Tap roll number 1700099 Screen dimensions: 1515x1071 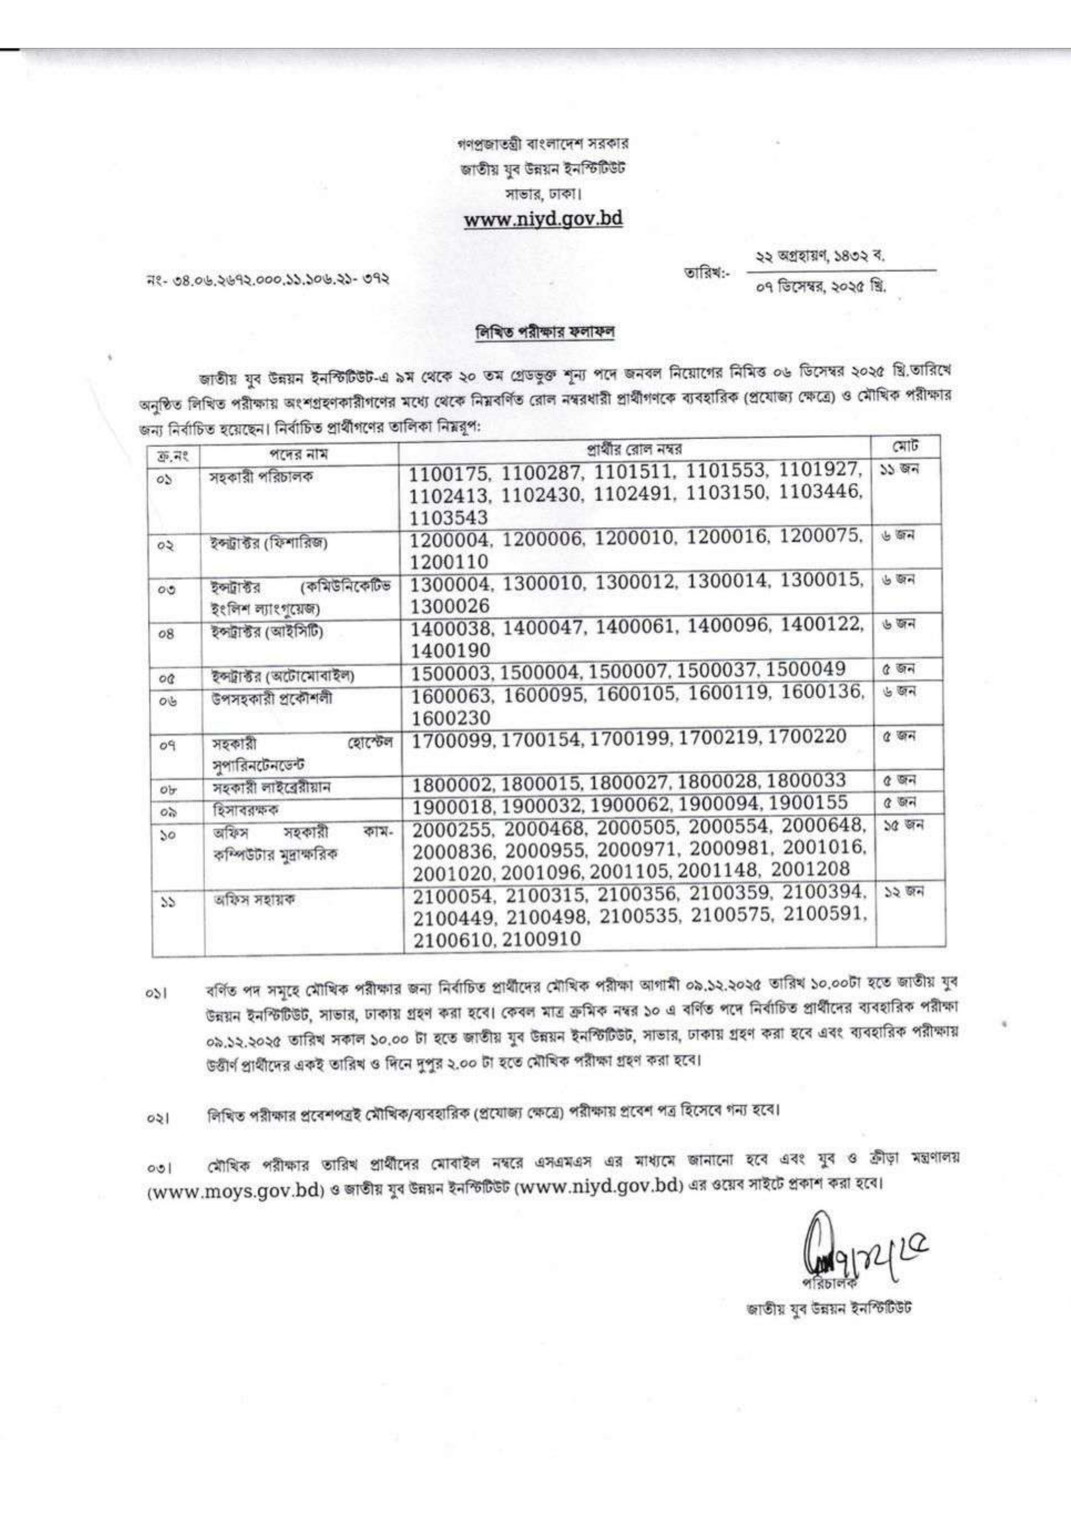[455, 737]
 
